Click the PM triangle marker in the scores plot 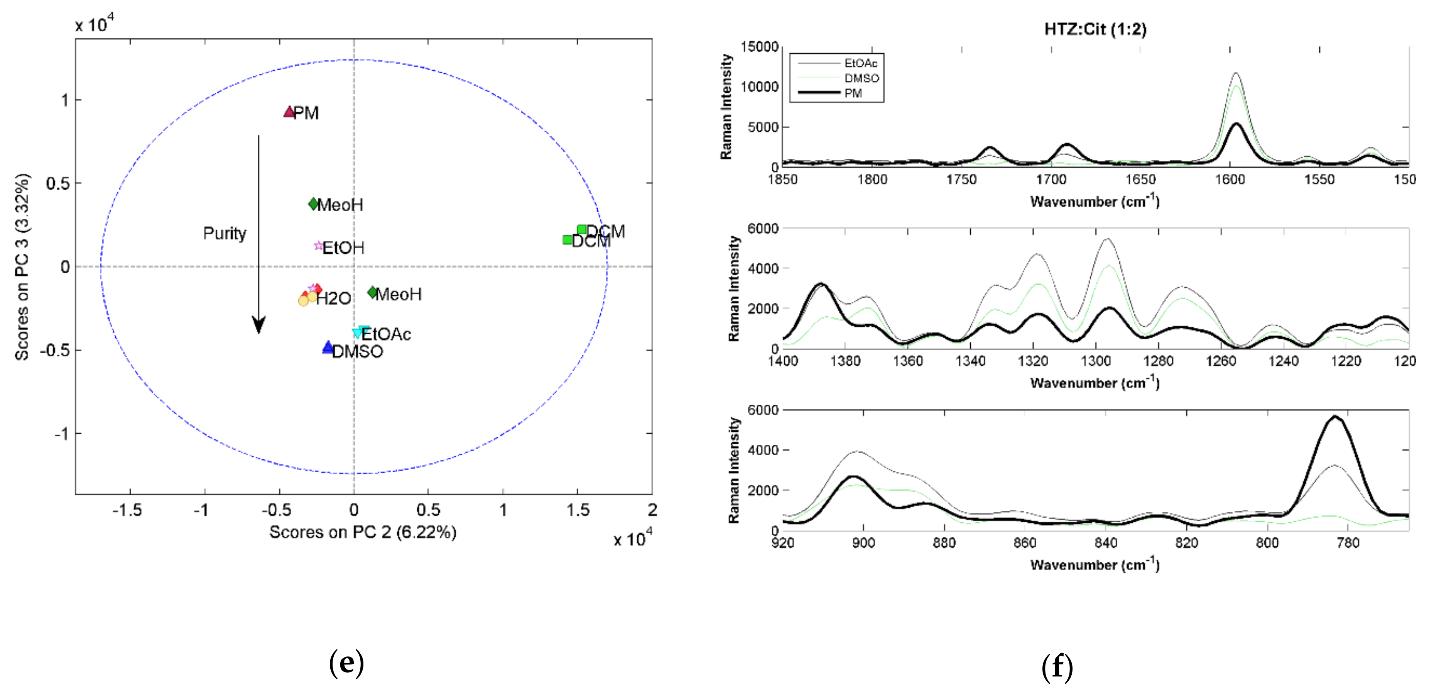click(x=289, y=112)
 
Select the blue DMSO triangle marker click(x=328, y=348)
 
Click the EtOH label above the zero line click(x=343, y=247)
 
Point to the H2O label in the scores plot click(x=333, y=298)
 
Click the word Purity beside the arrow click(x=224, y=233)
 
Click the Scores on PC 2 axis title click(x=363, y=532)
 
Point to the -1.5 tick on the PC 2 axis click(x=127, y=510)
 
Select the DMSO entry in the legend click(x=861, y=78)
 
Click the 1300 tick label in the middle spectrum click(x=1096, y=361)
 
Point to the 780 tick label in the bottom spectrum click(x=1348, y=543)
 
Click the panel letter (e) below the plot click(x=346, y=663)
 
